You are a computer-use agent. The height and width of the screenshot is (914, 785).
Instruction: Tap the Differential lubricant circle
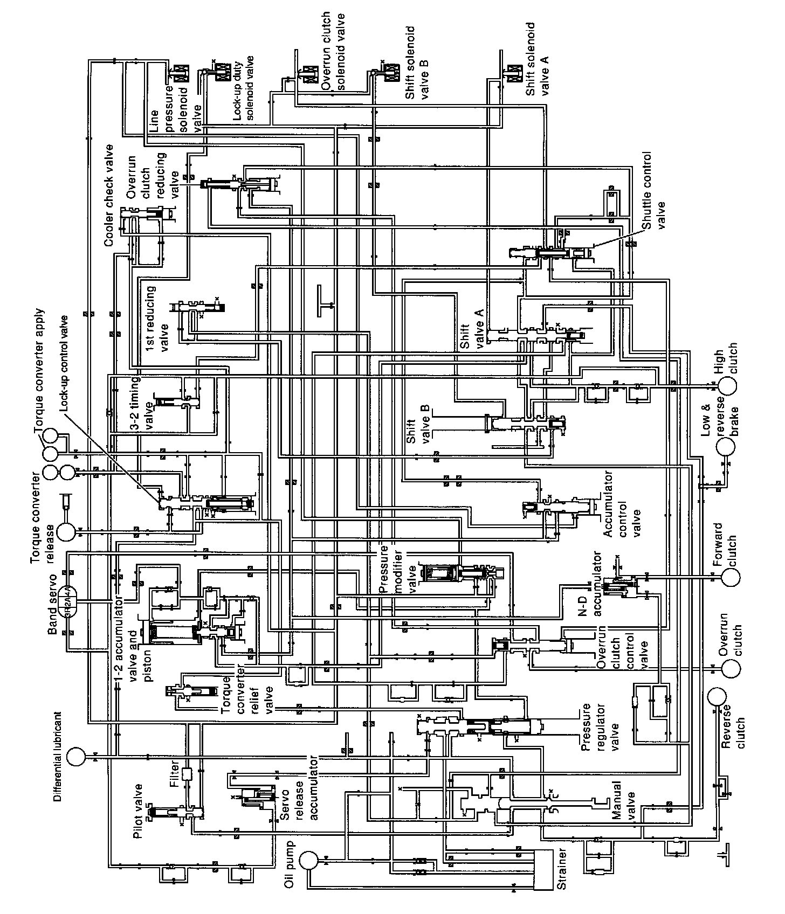coord(77,756)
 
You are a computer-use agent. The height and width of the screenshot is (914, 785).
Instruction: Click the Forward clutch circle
coord(731,577)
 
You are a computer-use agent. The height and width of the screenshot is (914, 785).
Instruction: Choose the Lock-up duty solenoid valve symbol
coord(221,73)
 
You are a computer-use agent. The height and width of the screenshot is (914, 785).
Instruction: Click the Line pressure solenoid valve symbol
coord(179,73)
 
